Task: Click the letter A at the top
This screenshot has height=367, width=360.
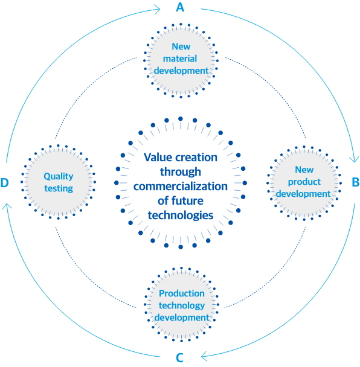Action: tap(180, 7)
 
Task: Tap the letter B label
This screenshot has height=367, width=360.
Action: tap(356, 182)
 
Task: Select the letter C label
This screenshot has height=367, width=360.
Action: tap(179, 357)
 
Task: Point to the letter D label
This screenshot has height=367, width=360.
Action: tap(4, 182)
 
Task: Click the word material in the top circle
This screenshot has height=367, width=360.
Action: tap(180, 59)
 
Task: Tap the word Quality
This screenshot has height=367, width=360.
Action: tap(59, 177)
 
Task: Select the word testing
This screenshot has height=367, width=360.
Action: tap(59, 188)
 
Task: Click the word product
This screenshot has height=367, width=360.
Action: tap(304, 182)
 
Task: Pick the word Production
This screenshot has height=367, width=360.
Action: tap(182, 293)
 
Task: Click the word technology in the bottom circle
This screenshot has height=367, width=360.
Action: tap(182, 305)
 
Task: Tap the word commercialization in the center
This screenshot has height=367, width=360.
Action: tap(181, 187)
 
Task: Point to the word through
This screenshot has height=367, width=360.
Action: tap(181, 172)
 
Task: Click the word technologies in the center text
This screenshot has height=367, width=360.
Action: tap(181, 215)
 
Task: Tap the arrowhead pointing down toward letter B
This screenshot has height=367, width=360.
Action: tap(354, 159)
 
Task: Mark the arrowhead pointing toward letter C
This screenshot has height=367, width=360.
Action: tap(204, 357)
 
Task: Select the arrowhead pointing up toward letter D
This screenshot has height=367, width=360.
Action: tap(7, 206)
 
